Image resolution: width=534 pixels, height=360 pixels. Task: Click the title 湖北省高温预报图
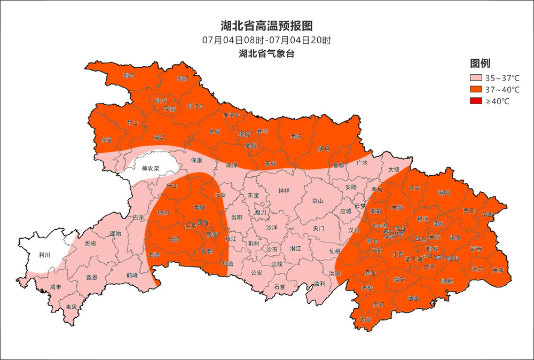[x=266, y=26]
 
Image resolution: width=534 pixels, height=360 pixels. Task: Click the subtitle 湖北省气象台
[x=267, y=53]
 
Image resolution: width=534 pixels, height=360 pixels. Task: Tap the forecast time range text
[x=266, y=40]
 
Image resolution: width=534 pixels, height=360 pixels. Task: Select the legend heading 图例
[x=480, y=63]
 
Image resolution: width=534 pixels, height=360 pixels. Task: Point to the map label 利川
[x=44, y=255]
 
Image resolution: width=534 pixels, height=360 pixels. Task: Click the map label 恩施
[x=90, y=244]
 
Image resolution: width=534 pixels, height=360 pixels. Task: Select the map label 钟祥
[x=284, y=191]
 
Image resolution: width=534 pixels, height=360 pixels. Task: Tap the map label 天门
[x=319, y=228]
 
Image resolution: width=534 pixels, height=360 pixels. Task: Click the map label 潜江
[x=295, y=248]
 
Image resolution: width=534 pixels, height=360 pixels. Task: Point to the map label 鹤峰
[x=132, y=275]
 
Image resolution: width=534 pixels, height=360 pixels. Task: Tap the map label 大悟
[x=394, y=169]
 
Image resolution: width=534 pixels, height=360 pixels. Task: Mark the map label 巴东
[x=138, y=218]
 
